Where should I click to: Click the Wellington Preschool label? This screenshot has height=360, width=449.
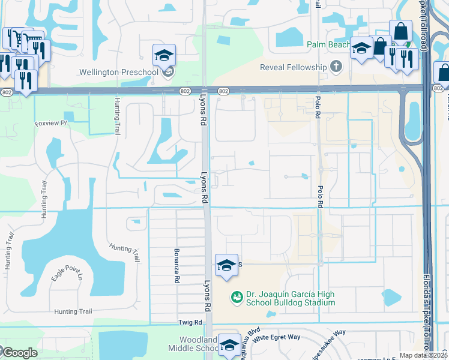pos(118,73)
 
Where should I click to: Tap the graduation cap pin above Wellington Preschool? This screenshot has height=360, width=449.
pos(164,56)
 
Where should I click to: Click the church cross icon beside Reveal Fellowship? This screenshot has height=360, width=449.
pos(336,66)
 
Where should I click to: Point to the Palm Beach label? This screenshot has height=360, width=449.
pos(328,44)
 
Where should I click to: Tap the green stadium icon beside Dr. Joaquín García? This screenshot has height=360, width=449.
pos(237,296)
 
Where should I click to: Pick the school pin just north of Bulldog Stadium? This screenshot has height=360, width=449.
pos(226,265)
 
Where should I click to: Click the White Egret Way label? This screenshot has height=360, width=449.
pos(276,337)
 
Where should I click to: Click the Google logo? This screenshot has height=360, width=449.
pos(19,352)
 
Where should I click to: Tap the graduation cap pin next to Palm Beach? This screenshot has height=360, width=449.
pos(361,49)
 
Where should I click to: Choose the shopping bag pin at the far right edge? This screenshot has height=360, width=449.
pos(443,73)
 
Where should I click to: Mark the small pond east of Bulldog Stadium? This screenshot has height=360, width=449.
pos(391,297)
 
